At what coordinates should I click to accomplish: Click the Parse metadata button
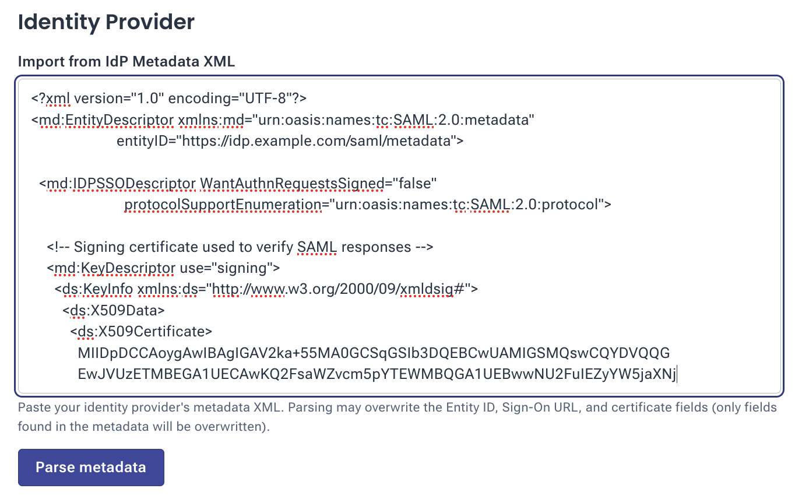click(91, 467)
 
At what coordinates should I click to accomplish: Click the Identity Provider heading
click(106, 22)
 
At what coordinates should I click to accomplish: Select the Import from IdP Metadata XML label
click(126, 62)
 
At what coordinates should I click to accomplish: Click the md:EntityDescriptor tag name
click(106, 120)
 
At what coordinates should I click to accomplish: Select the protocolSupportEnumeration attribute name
click(223, 205)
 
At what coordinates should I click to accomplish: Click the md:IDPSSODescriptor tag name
click(121, 184)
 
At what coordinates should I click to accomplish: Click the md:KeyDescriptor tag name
click(115, 268)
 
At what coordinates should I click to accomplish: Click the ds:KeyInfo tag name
click(97, 289)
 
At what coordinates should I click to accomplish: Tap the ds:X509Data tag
click(114, 310)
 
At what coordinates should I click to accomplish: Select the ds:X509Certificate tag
click(141, 331)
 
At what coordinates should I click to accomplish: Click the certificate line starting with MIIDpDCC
click(374, 353)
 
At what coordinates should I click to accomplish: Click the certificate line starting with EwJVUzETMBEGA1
click(377, 374)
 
